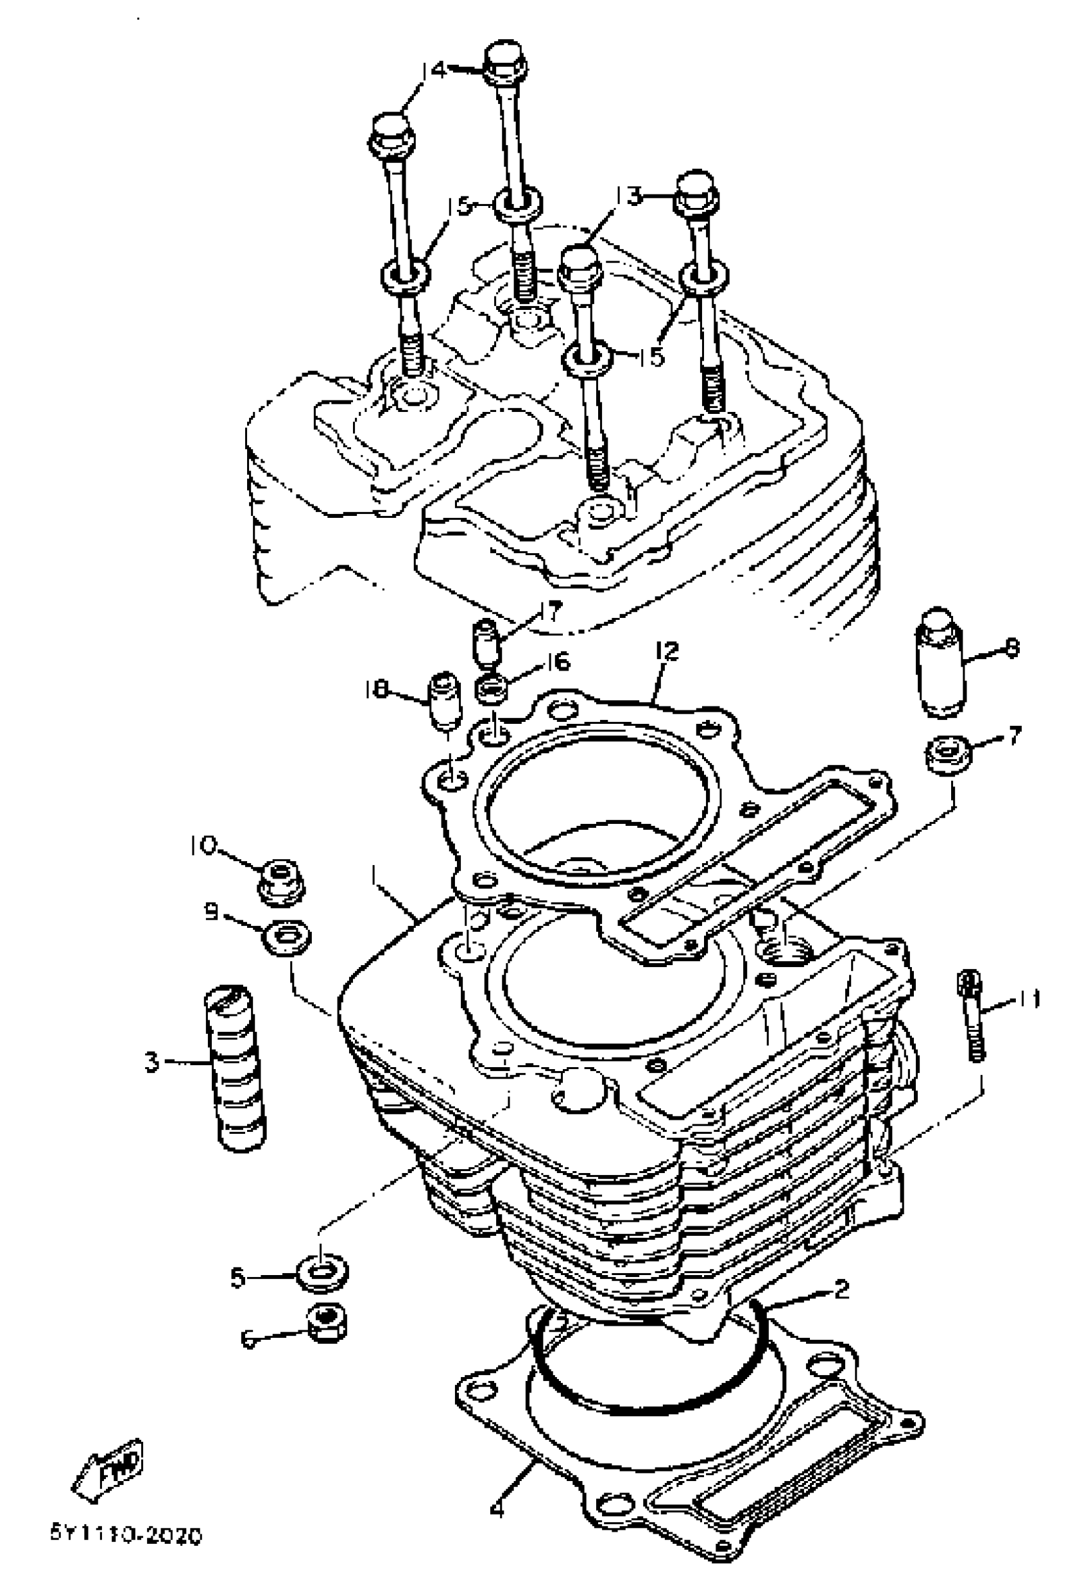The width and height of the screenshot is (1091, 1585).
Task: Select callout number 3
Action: pos(151,1062)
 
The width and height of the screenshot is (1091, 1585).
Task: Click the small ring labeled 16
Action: pos(492,688)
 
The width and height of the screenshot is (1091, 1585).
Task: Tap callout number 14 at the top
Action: pos(433,70)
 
